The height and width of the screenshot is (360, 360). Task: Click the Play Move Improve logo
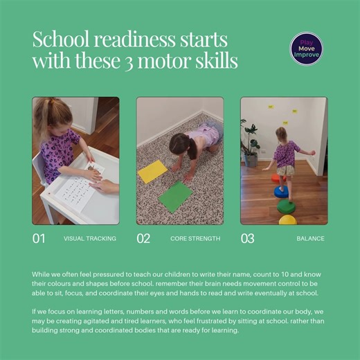click(x=306, y=49)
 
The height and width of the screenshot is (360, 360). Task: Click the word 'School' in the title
click(x=57, y=39)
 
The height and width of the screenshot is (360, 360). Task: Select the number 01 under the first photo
click(x=39, y=239)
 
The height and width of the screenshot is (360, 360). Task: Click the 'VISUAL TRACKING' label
click(x=90, y=239)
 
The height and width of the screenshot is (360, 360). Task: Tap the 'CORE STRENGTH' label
click(x=195, y=239)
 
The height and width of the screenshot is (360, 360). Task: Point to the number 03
click(x=247, y=239)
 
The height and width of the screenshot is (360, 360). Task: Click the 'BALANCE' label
click(x=310, y=239)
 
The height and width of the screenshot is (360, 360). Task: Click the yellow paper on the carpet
click(x=153, y=171)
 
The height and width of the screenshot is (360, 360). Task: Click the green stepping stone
click(x=287, y=206)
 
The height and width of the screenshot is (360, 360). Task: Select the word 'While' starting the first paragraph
click(x=42, y=274)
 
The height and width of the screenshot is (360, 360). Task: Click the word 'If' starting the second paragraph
click(x=35, y=312)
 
